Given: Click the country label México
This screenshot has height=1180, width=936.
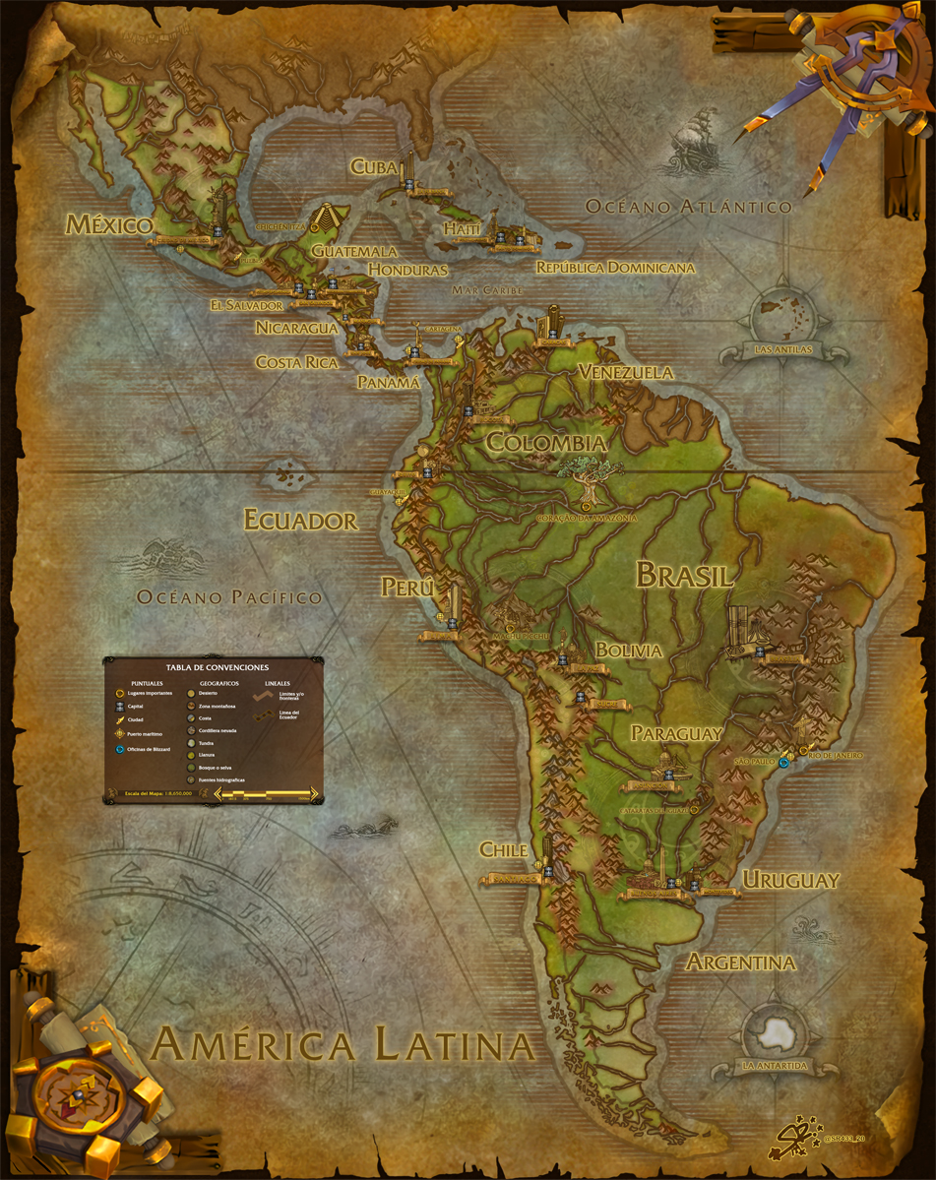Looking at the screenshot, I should [x=108, y=225].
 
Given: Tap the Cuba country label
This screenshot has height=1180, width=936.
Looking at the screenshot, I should [x=373, y=167].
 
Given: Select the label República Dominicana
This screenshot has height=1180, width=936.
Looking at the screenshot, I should [x=615, y=268].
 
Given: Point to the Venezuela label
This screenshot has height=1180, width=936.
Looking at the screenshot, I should [x=626, y=372].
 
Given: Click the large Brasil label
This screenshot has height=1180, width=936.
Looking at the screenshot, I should [x=684, y=575].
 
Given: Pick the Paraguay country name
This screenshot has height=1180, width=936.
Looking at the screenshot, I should [x=677, y=733].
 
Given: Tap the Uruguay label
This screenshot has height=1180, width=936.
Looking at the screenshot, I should [x=790, y=880].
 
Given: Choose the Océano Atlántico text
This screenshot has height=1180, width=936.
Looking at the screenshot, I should [x=689, y=207].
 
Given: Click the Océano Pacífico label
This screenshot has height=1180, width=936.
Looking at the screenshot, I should [x=229, y=596].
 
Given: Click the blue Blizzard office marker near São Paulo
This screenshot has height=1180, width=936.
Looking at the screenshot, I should [x=783, y=762].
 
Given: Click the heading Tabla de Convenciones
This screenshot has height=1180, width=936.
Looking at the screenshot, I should [x=213, y=668].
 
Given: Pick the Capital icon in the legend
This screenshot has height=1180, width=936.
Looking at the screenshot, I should [x=119, y=706].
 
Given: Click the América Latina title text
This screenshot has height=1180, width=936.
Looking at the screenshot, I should [x=343, y=1044].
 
